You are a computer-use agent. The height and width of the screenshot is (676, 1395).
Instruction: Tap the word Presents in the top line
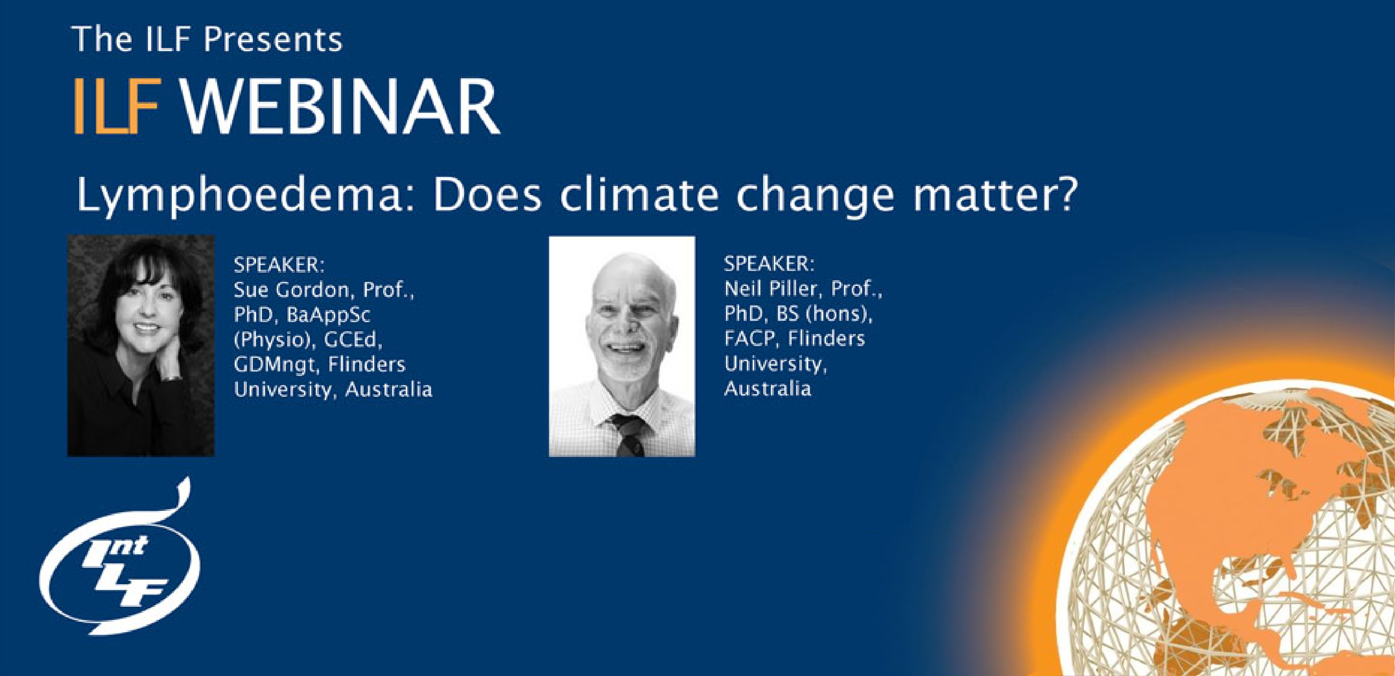[x=273, y=39]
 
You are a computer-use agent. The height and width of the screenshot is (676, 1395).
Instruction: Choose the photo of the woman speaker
[x=141, y=346]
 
